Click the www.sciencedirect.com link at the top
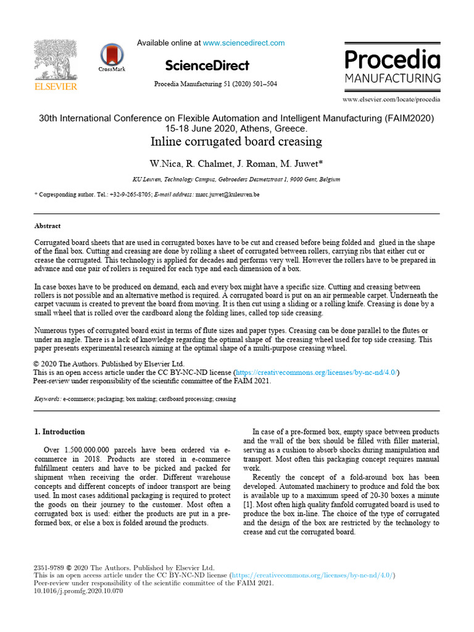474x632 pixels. (244, 43)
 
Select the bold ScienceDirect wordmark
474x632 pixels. (207, 65)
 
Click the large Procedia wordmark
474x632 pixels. (392, 60)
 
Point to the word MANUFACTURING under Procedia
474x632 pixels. (392, 78)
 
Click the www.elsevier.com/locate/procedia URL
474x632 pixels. (391, 99)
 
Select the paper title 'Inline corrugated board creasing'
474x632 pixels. (236, 141)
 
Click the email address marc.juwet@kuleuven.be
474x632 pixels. (227, 194)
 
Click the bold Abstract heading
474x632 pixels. (48, 226)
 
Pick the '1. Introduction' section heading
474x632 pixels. (60, 432)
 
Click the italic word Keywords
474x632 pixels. (48, 399)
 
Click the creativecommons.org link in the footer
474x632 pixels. (314, 575)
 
